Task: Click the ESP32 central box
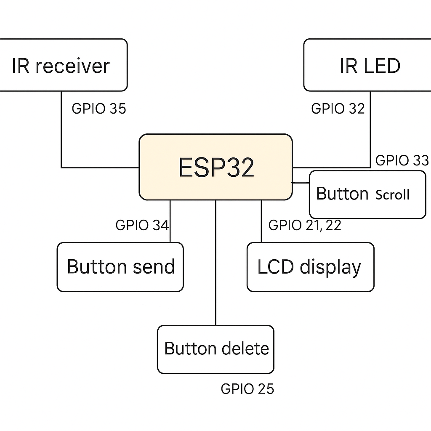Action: coord(215,167)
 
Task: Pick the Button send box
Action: coord(120,267)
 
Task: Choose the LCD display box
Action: coord(310,267)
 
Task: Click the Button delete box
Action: coord(215,349)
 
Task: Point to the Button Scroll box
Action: coord(367,194)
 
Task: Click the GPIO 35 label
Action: coord(99,109)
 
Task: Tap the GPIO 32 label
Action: coord(338,109)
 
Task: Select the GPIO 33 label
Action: coord(402,160)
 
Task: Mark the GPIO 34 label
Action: coord(142,225)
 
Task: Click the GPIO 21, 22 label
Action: coord(305,225)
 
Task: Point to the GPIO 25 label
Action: coord(247,389)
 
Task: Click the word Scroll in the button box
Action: coord(392,195)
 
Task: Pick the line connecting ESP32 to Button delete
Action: coord(215,261)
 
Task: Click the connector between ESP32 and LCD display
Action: coord(261,221)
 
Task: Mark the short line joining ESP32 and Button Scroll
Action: coord(301,183)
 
